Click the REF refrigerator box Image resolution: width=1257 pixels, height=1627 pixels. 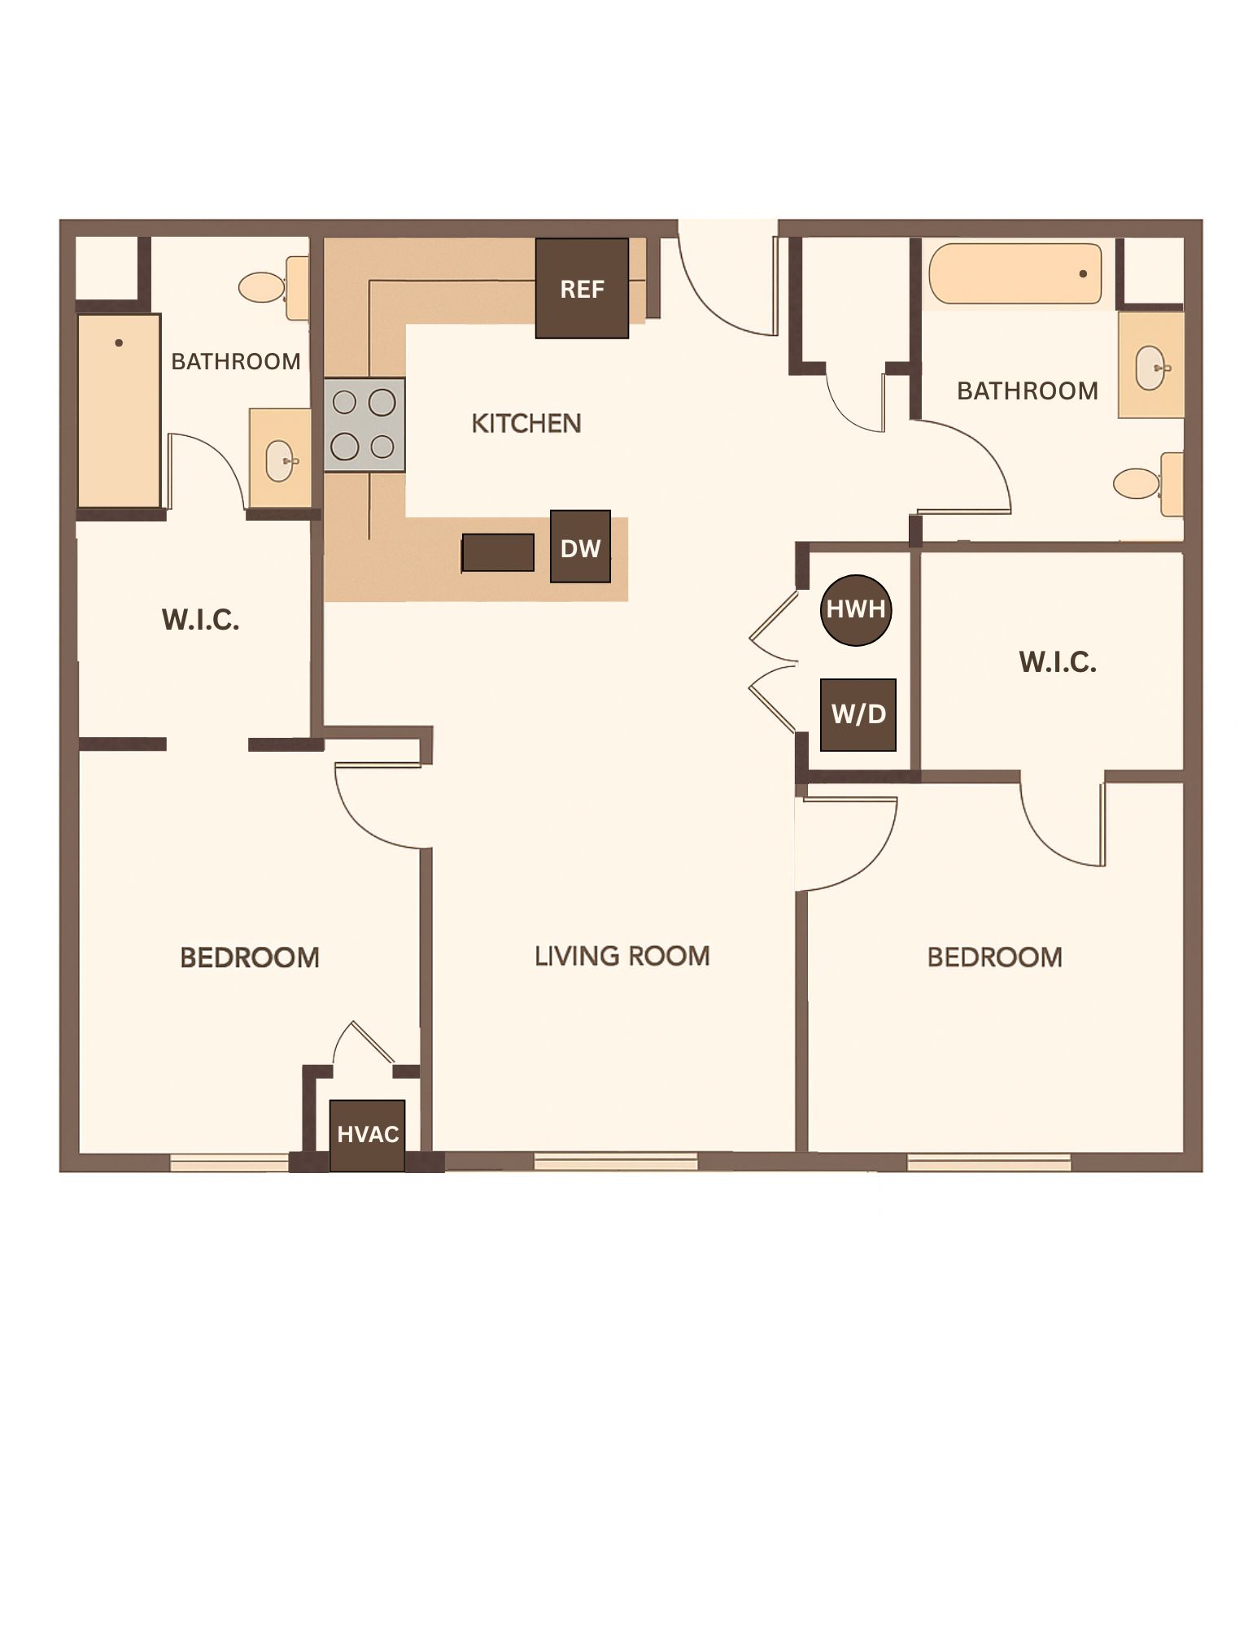582,288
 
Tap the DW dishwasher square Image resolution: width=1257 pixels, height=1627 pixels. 580,547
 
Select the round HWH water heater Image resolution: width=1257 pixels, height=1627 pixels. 855,609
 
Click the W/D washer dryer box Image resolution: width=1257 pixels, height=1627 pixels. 858,714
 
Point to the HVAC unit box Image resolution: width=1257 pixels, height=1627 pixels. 368,1135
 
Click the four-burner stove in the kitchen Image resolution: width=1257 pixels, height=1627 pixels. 364,425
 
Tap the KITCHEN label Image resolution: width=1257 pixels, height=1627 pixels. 526,423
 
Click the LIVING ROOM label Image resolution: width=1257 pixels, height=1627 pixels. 622,956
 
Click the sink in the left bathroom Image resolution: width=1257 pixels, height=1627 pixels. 280,460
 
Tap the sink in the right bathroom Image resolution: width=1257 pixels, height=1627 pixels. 1150,367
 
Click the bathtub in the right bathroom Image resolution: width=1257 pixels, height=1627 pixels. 1015,274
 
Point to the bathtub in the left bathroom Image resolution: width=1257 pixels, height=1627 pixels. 119,411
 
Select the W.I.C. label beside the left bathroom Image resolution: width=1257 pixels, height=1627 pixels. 200,620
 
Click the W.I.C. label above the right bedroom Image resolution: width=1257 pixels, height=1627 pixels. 1058,662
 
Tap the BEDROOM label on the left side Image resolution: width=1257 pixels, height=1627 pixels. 250,957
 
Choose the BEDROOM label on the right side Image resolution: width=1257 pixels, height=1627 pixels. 995,957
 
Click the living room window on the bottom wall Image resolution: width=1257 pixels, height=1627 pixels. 616,1162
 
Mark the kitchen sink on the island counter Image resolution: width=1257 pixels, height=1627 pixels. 498,553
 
